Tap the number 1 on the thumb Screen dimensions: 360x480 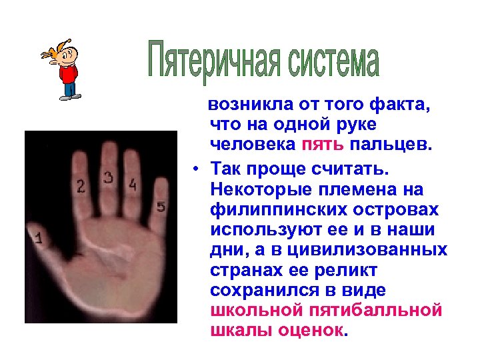pyautogui.click(x=39, y=237)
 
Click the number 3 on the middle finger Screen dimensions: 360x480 pyautogui.click(x=109, y=177)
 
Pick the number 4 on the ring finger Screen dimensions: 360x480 pyautogui.click(x=133, y=184)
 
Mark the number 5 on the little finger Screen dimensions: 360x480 pyautogui.click(x=160, y=207)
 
